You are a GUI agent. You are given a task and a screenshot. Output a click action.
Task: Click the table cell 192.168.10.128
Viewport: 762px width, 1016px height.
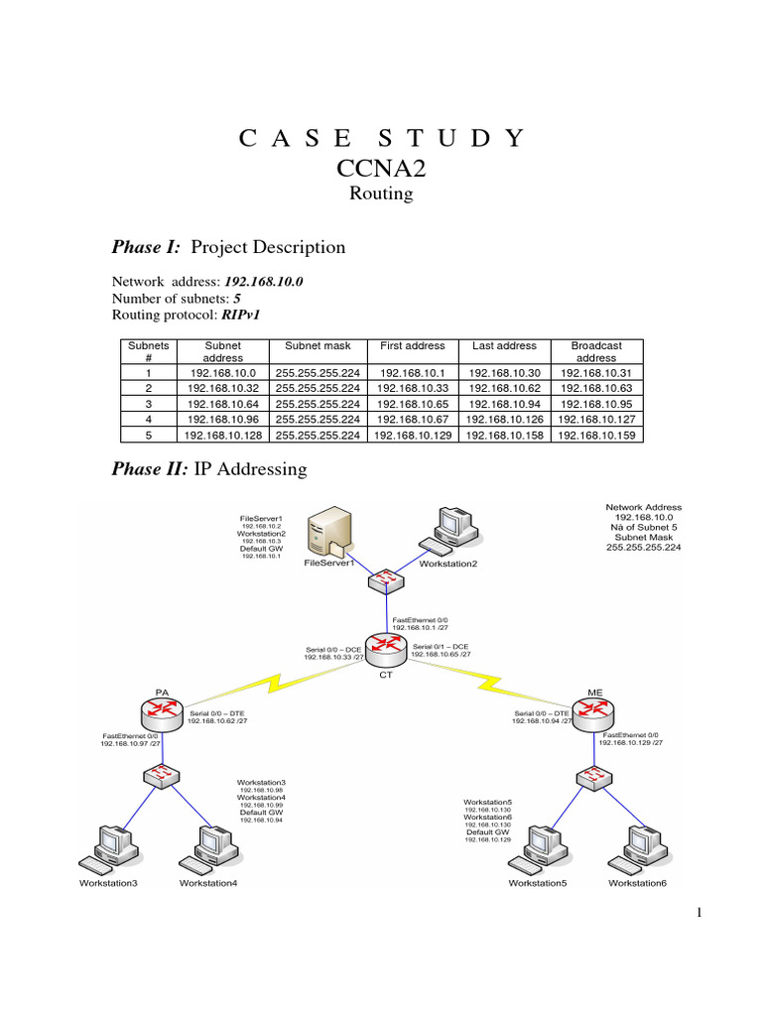coord(222,435)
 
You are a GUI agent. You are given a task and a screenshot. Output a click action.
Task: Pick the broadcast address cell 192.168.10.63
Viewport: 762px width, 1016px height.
coord(596,388)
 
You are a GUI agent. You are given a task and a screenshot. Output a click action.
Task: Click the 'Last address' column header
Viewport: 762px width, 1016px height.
coord(504,346)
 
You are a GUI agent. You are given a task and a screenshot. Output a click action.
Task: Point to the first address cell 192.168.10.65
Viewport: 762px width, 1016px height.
coord(412,404)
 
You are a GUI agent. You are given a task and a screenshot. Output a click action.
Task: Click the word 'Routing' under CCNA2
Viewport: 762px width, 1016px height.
coord(381,193)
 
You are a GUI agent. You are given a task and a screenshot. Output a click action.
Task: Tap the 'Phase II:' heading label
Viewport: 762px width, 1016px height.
coord(152,468)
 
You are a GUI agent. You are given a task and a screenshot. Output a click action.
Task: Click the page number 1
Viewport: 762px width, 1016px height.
coord(699,915)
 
